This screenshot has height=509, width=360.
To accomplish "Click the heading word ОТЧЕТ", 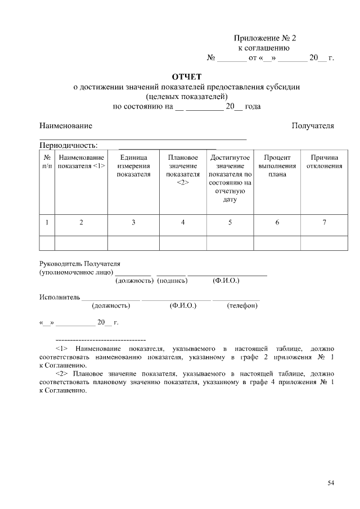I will pyautogui.click(x=186, y=76).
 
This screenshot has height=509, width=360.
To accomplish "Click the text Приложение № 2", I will pyautogui.click(x=264, y=38).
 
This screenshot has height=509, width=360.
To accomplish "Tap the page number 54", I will pyautogui.click(x=331, y=483).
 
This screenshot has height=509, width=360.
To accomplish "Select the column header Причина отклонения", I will pyautogui.click(x=324, y=162).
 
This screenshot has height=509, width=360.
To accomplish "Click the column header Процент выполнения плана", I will pyautogui.click(x=277, y=166).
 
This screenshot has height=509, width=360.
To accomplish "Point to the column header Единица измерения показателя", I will pyautogui.click(x=133, y=166).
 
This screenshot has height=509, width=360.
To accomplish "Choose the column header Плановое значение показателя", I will pyautogui.click(x=183, y=170).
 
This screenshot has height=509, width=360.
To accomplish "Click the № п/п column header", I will pyautogui.click(x=47, y=162).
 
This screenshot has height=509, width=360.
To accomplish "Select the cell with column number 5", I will pyautogui.click(x=229, y=223).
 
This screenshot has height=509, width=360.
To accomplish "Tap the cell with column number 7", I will pyautogui.click(x=324, y=223).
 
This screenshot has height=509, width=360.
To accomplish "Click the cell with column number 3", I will pyautogui.click(x=133, y=223).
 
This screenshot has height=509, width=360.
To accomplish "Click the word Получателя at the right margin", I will pyautogui.click(x=313, y=125).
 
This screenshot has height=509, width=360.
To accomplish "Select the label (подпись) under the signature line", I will pyautogui.click(x=172, y=280).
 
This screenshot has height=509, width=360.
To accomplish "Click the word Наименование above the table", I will pyautogui.click(x=66, y=125).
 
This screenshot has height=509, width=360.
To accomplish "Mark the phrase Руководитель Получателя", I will pyautogui.click(x=80, y=263).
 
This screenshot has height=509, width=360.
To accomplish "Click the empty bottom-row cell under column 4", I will pyautogui.click(x=183, y=242).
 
